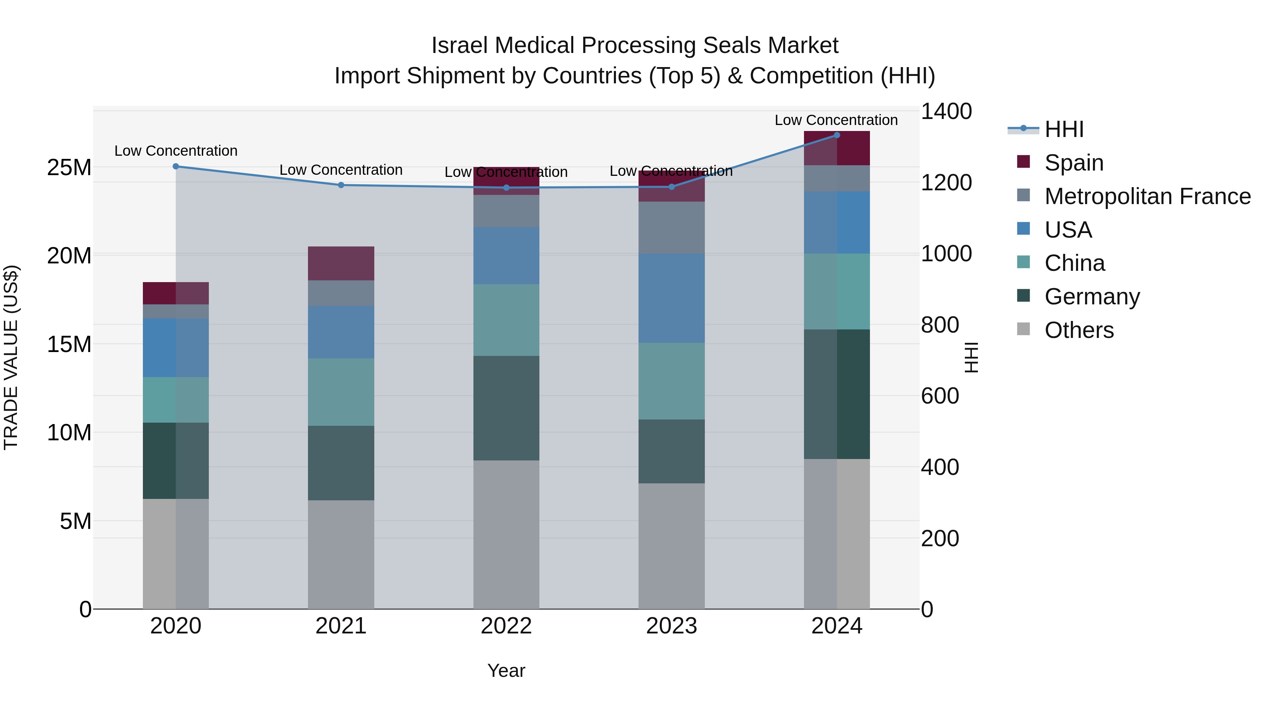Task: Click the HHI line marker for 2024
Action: point(837,135)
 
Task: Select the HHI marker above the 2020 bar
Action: point(176,166)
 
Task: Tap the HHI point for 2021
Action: point(341,185)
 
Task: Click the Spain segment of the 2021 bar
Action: point(341,263)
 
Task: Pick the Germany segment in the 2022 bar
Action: point(506,408)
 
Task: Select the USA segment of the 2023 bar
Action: point(671,298)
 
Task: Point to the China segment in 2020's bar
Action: point(176,400)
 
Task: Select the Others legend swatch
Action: point(1023,329)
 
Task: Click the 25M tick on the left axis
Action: point(69,168)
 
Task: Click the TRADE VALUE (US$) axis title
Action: point(11,357)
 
